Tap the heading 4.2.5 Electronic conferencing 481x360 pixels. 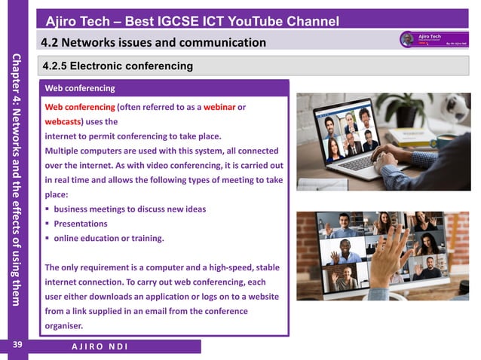click(x=118, y=66)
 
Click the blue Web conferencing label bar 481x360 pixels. click(x=165, y=88)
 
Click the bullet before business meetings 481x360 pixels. click(x=47, y=209)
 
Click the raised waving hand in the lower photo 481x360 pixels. click(x=391, y=260)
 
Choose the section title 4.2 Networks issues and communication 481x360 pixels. click(x=154, y=42)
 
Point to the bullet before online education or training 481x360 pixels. click(x=47, y=239)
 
